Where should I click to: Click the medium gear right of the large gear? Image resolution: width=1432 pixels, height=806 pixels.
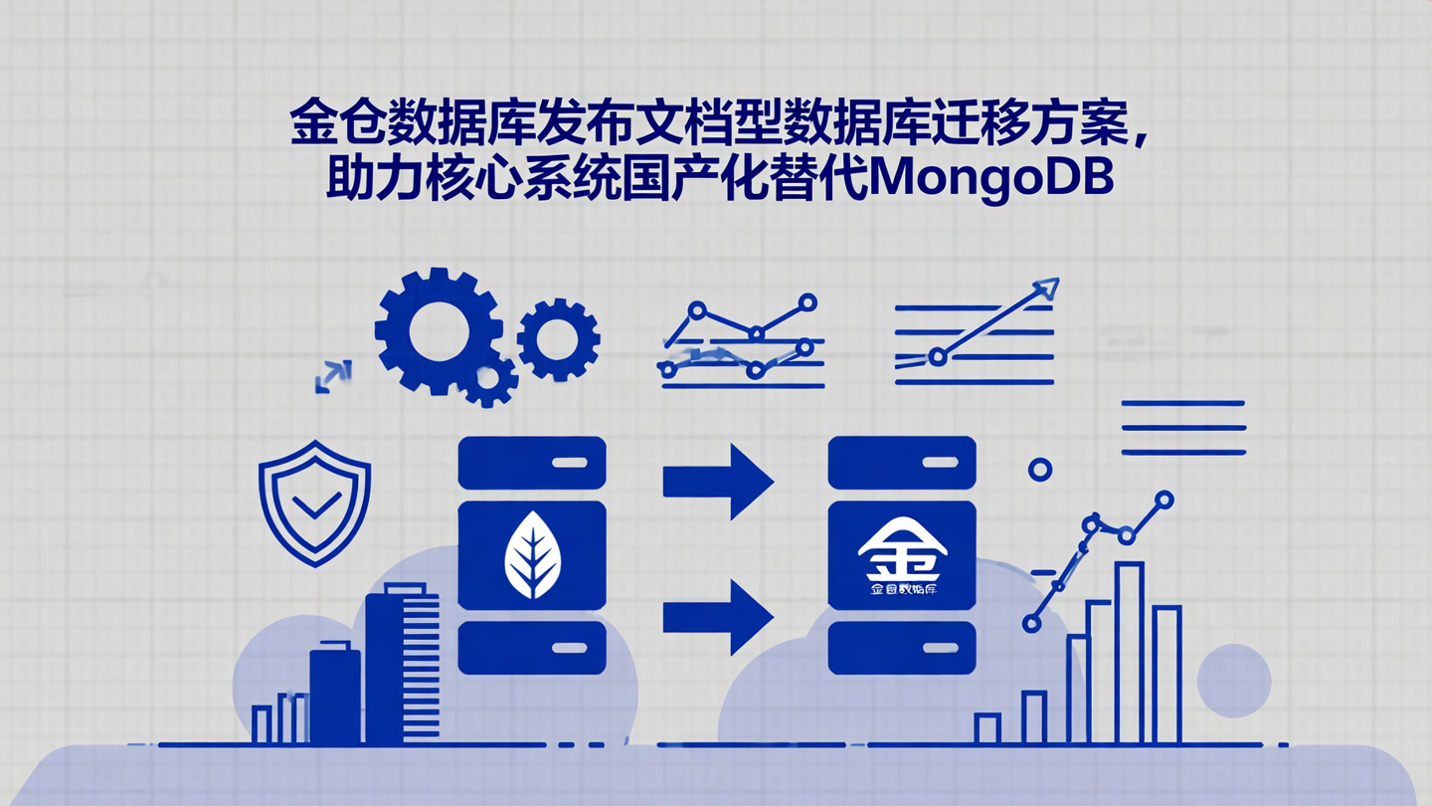click(558, 338)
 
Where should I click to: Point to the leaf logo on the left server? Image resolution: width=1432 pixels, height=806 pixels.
click(532, 555)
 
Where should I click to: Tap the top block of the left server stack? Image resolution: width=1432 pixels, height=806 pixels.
click(532, 463)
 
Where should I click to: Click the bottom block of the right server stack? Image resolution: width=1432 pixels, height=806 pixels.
click(902, 648)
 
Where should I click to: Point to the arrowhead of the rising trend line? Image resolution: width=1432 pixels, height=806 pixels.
click(1045, 289)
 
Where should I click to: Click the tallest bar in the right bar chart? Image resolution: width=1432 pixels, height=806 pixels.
click(1129, 652)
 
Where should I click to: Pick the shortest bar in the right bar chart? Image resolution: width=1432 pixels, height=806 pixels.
click(986, 728)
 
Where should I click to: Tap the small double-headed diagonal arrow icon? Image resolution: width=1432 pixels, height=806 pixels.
click(332, 377)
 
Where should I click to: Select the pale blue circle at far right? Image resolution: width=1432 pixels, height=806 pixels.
click(1234, 681)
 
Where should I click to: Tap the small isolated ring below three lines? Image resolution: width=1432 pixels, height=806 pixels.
click(1040, 470)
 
